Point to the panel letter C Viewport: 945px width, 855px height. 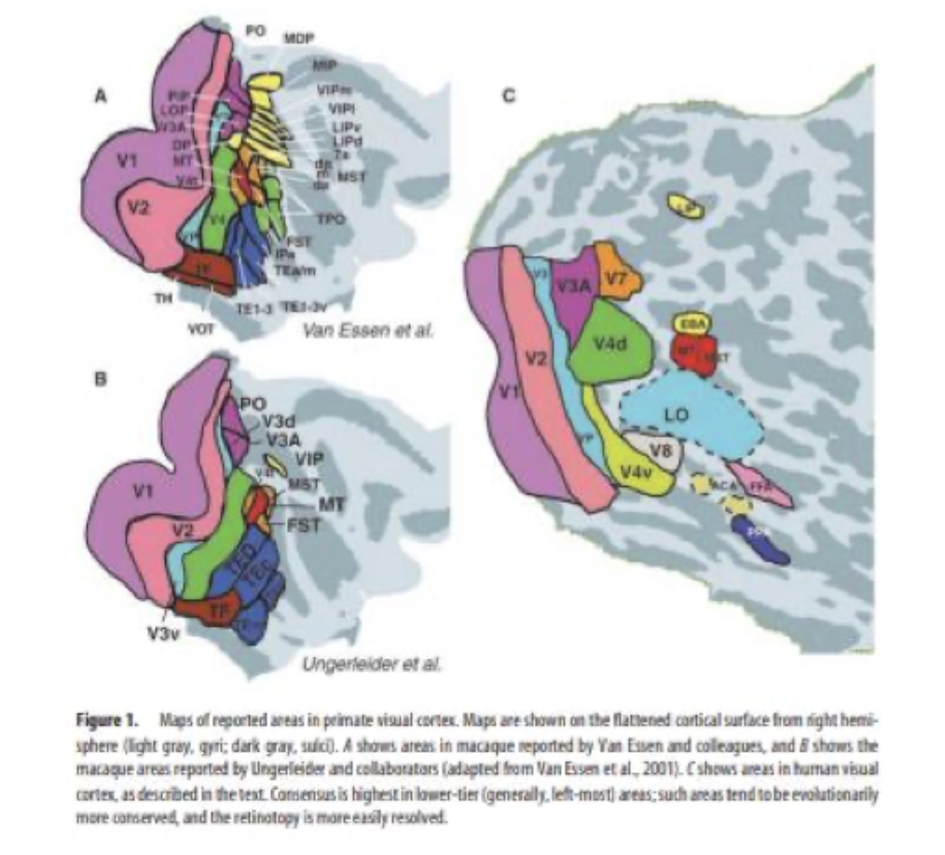pos(507,94)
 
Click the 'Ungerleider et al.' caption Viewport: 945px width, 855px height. pos(371,664)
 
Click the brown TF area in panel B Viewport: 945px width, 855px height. pos(217,611)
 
